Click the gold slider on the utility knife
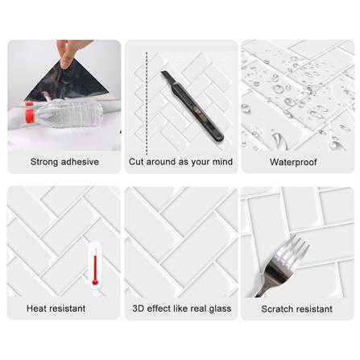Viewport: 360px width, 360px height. (198, 111)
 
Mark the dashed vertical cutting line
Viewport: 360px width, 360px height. (147, 104)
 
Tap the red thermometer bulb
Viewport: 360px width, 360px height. (94, 283)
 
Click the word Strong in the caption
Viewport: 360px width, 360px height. (44, 162)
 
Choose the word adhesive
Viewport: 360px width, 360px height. (80, 162)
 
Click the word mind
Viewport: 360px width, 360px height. (222, 162)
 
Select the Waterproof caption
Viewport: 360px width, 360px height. (293, 162)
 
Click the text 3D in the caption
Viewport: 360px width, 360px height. (139, 308)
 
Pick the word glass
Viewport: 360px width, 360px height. (220, 308)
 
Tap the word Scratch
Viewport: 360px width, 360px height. (277, 309)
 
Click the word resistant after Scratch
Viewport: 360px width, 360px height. (314, 309)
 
